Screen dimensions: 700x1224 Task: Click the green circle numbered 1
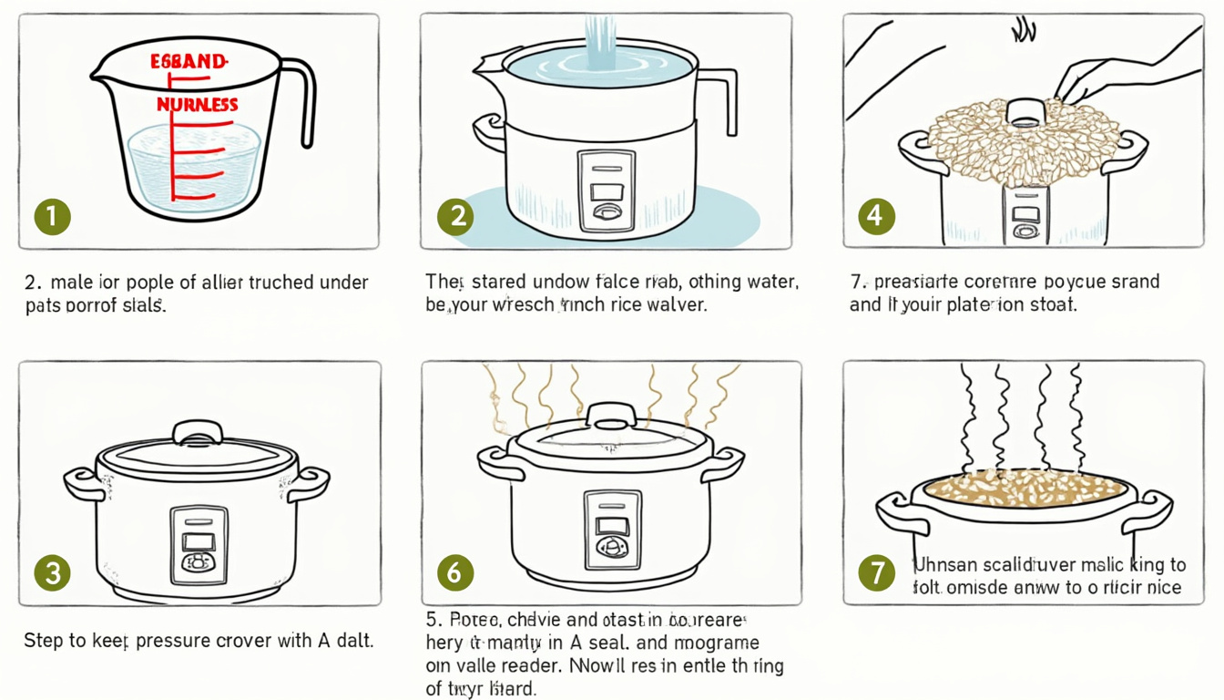(x=53, y=216)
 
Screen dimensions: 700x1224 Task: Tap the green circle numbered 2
(x=455, y=216)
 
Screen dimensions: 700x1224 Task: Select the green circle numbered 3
(x=53, y=572)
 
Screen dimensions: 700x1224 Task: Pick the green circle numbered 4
(x=876, y=216)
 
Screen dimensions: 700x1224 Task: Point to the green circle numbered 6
(x=455, y=572)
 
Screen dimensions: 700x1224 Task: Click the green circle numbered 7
(x=877, y=572)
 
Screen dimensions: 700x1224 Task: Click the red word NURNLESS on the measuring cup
(x=198, y=105)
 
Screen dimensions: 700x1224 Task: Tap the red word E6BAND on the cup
(x=188, y=62)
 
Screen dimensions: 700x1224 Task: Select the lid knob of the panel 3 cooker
(x=198, y=431)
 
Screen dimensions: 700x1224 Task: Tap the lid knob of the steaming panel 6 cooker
(x=612, y=416)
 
